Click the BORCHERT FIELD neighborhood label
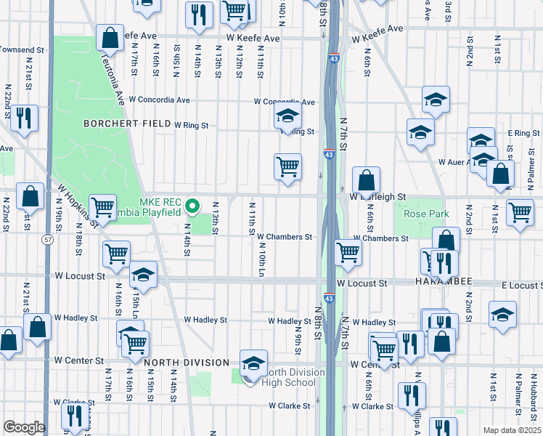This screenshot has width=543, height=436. tap(127, 124)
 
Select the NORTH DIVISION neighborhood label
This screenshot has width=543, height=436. tap(186, 363)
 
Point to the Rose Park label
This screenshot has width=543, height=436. tap(421, 214)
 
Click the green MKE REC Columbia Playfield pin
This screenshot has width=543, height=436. tap(192, 207)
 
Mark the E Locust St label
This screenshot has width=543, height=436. tap(521, 286)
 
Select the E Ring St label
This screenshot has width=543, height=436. tap(523, 134)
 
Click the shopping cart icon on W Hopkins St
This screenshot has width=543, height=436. tap(103, 208)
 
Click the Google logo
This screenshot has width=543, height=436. tap(24, 427)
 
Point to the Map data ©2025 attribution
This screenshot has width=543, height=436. tap(511, 430)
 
